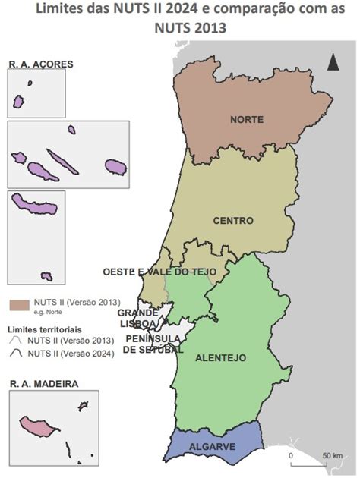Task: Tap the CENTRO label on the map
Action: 233,221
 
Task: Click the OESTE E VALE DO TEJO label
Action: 159,272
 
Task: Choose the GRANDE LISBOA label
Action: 137,318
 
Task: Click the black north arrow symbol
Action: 333,61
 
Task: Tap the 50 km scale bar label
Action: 332,455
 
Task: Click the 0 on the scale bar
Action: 291,455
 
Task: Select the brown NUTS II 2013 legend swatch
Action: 19,303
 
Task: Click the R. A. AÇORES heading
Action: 41,64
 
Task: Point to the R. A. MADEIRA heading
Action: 43,385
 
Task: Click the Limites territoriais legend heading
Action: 46,330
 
